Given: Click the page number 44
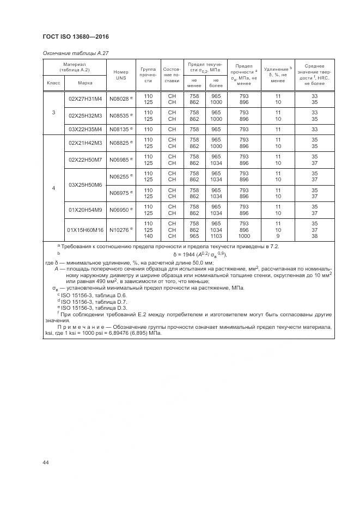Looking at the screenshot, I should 46,463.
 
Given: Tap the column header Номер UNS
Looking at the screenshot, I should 120,75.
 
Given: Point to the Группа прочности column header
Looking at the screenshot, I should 148,75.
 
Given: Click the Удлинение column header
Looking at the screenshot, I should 278,75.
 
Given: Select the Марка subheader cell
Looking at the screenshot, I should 85,83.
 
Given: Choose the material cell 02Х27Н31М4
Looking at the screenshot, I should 85,99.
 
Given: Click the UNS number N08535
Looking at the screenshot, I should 120,115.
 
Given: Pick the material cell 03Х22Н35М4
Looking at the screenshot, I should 85,129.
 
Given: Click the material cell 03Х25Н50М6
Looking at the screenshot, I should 85,185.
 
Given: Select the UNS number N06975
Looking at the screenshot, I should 120,193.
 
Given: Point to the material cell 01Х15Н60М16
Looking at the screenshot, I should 85,230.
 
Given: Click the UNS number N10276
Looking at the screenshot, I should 120,230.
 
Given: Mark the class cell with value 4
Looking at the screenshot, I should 53,188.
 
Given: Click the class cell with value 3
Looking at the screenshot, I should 53,113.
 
